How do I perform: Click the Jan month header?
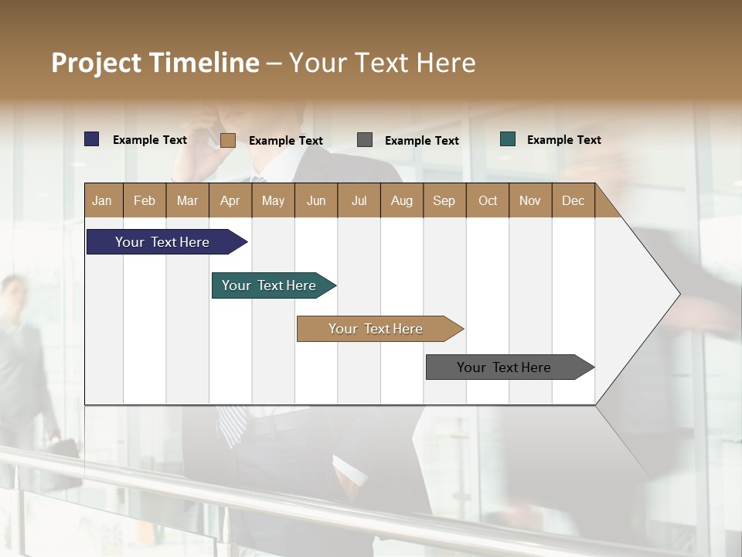coord(103,200)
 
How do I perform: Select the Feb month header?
coord(145,200)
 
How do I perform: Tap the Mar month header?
coord(188,200)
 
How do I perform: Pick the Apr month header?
coord(230,200)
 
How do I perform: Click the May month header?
coord(273,200)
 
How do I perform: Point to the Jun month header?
coord(316,200)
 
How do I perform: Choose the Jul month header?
coord(359,200)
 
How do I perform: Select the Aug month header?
coord(402,200)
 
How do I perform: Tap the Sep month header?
coord(444,200)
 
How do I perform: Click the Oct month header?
coord(488,200)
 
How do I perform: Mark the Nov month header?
coord(530,200)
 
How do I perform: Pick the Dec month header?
coord(574,200)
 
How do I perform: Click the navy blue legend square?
coord(92,139)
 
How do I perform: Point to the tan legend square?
coord(228,140)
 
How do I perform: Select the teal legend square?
coord(508,139)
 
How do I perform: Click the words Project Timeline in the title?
coord(155,63)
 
